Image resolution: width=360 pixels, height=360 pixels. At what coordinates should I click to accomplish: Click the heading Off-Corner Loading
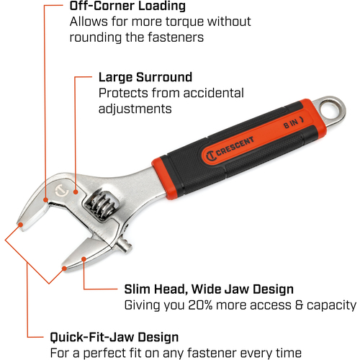tap(127, 6)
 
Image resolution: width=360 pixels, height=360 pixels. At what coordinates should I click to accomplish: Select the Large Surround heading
tap(145, 77)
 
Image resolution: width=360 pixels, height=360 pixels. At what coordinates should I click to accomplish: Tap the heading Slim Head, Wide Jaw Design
tap(209, 289)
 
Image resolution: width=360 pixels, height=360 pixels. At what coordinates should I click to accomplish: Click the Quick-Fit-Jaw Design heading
tap(114, 337)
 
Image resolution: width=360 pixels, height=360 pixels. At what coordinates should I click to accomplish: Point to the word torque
tap(184, 22)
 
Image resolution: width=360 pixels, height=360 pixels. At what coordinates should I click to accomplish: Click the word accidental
tap(214, 93)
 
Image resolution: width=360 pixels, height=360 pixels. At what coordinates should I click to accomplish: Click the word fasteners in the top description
tap(176, 37)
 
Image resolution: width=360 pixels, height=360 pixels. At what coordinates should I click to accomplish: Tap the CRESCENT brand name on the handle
tap(235, 145)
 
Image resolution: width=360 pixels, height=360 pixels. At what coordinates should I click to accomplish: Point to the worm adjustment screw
tap(103, 204)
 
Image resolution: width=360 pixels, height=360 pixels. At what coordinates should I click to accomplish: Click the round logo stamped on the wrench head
tap(60, 191)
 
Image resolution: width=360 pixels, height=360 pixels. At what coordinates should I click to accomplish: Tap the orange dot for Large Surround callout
tap(76, 192)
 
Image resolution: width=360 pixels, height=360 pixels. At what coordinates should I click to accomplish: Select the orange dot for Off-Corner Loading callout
tap(45, 199)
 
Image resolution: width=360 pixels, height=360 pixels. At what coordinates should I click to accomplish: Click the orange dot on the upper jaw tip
tap(21, 225)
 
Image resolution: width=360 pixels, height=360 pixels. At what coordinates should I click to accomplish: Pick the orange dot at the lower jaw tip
tap(64, 269)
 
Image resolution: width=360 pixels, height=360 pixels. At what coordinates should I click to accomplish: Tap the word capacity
tap(331, 305)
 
